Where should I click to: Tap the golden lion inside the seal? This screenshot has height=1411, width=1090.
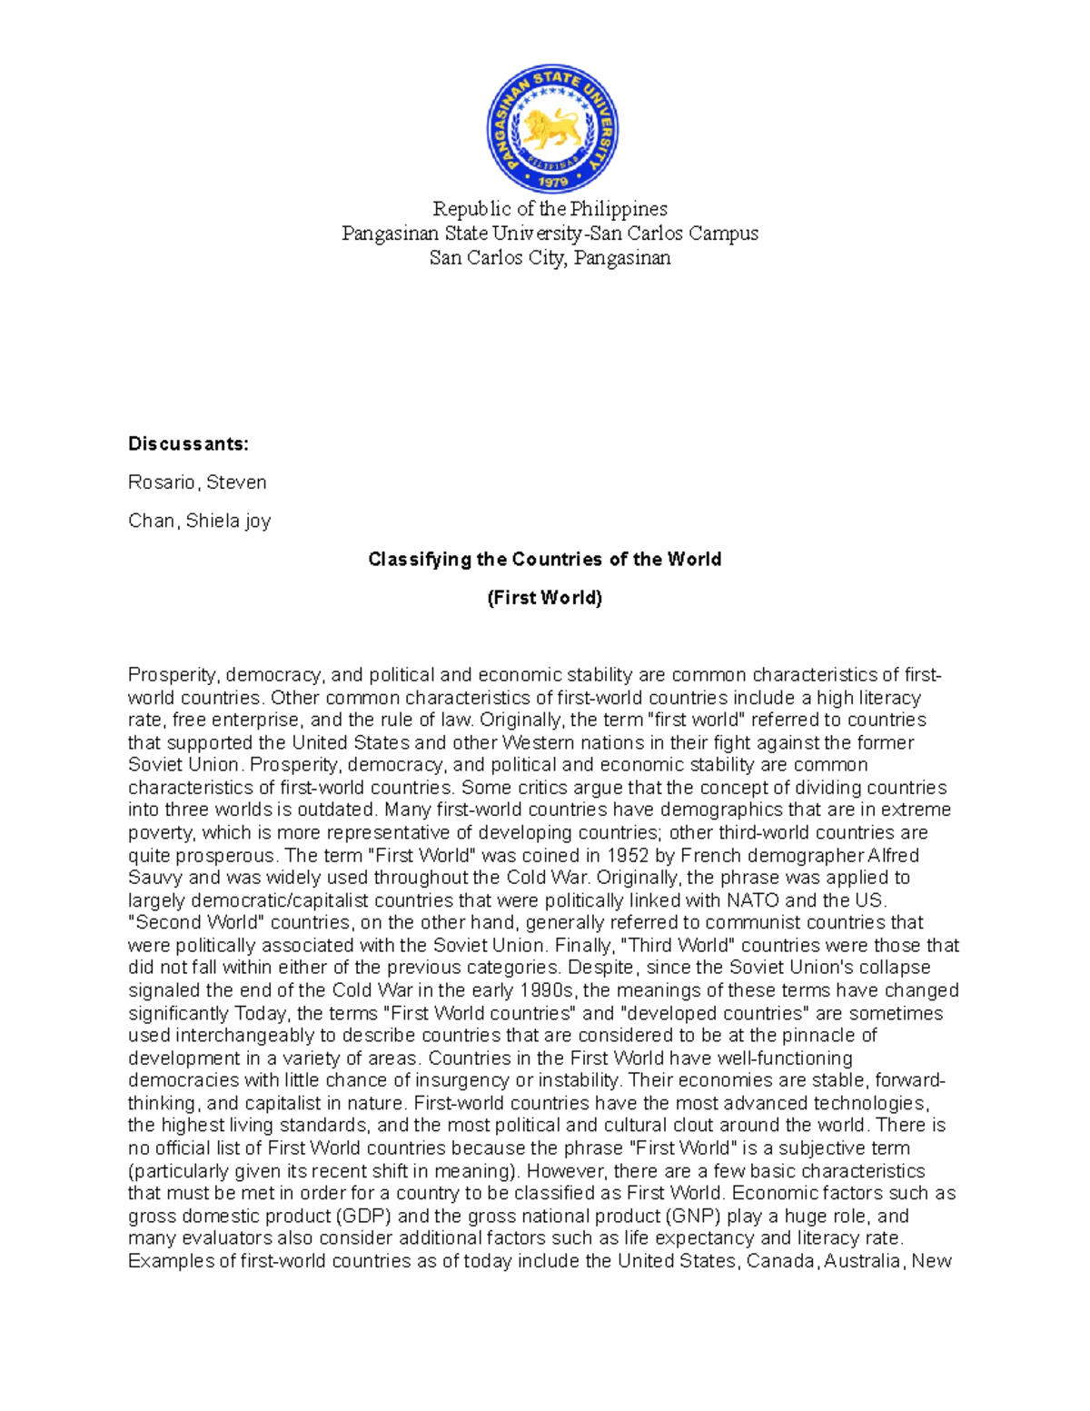pos(551,128)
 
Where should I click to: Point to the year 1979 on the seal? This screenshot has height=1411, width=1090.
pos(552,181)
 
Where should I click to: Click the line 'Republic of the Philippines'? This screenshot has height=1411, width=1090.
pos(550,209)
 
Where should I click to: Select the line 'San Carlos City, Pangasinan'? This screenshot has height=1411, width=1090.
pos(550,258)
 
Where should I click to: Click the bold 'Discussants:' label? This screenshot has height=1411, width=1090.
pos(188,444)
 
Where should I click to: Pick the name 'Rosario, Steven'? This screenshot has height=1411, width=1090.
pos(197,482)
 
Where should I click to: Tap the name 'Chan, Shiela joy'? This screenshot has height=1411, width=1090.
pos(199,521)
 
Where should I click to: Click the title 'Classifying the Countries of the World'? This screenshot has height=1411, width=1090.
pos(544,560)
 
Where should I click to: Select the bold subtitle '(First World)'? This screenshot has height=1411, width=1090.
pos(544,598)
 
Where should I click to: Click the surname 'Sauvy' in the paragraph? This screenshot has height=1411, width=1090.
pos(155,878)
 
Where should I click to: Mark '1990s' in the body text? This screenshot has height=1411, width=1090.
pos(548,990)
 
